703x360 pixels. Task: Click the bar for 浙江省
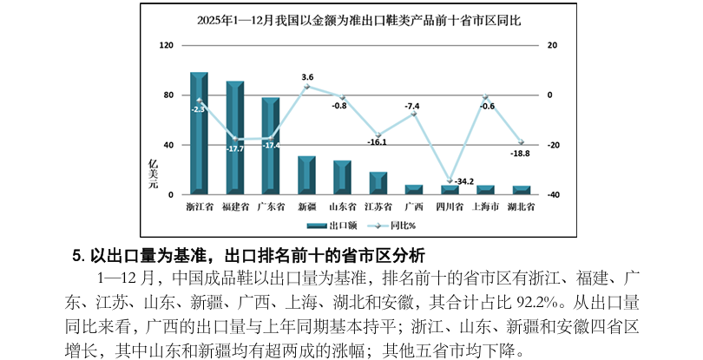tap(199, 134)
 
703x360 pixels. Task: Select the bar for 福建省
tap(234, 138)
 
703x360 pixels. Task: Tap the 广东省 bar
tap(271, 146)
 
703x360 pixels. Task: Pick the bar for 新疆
tap(306, 175)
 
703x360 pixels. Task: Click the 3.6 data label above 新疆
tap(307, 77)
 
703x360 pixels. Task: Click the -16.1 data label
tap(377, 141)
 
